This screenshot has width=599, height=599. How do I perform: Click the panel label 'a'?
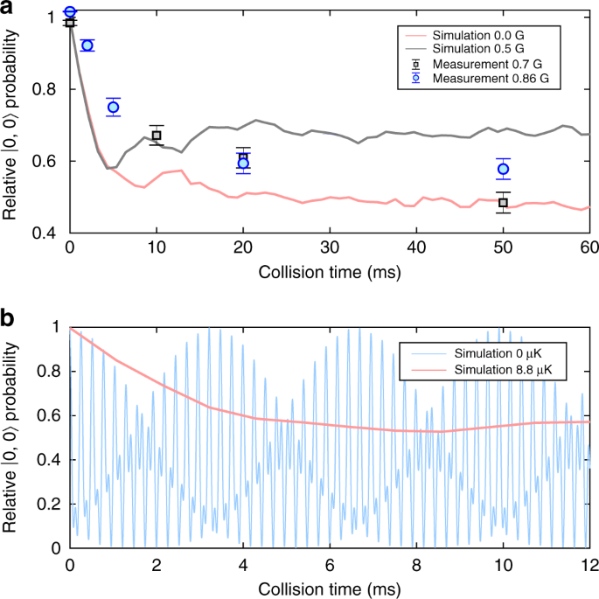pyautogui.click(x=8, y=10)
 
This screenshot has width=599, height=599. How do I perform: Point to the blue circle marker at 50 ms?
pyautogui.click(x=503, y=169)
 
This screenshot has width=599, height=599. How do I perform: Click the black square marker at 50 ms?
pyautogui.click(x=503, y=203)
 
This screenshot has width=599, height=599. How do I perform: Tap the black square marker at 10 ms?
pyautogui.click(x=157, y=136)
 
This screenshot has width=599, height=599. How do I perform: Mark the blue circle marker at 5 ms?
pyautogui.click(x=113, y=108)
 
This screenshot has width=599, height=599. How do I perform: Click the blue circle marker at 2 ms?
pyautogui.click(x=87, y=45)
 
